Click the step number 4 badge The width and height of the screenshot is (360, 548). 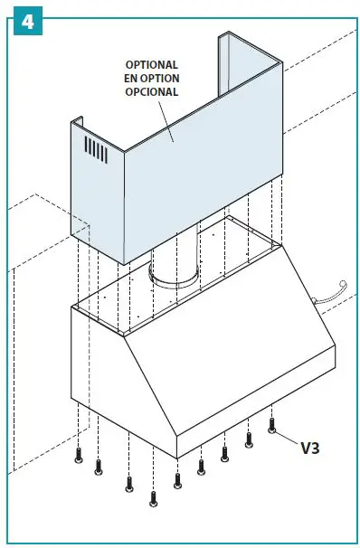(25, 23)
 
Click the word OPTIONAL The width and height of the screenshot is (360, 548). (152, 65)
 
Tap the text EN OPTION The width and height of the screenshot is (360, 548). (152, 78)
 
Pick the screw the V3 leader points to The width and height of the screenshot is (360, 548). (272, 425)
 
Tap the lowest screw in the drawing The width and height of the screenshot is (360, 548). (153, 497)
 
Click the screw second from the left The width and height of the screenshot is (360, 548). (99, 468)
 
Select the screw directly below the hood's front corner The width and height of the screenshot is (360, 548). (177, 479)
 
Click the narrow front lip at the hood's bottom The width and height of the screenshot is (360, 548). (244, 425)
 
